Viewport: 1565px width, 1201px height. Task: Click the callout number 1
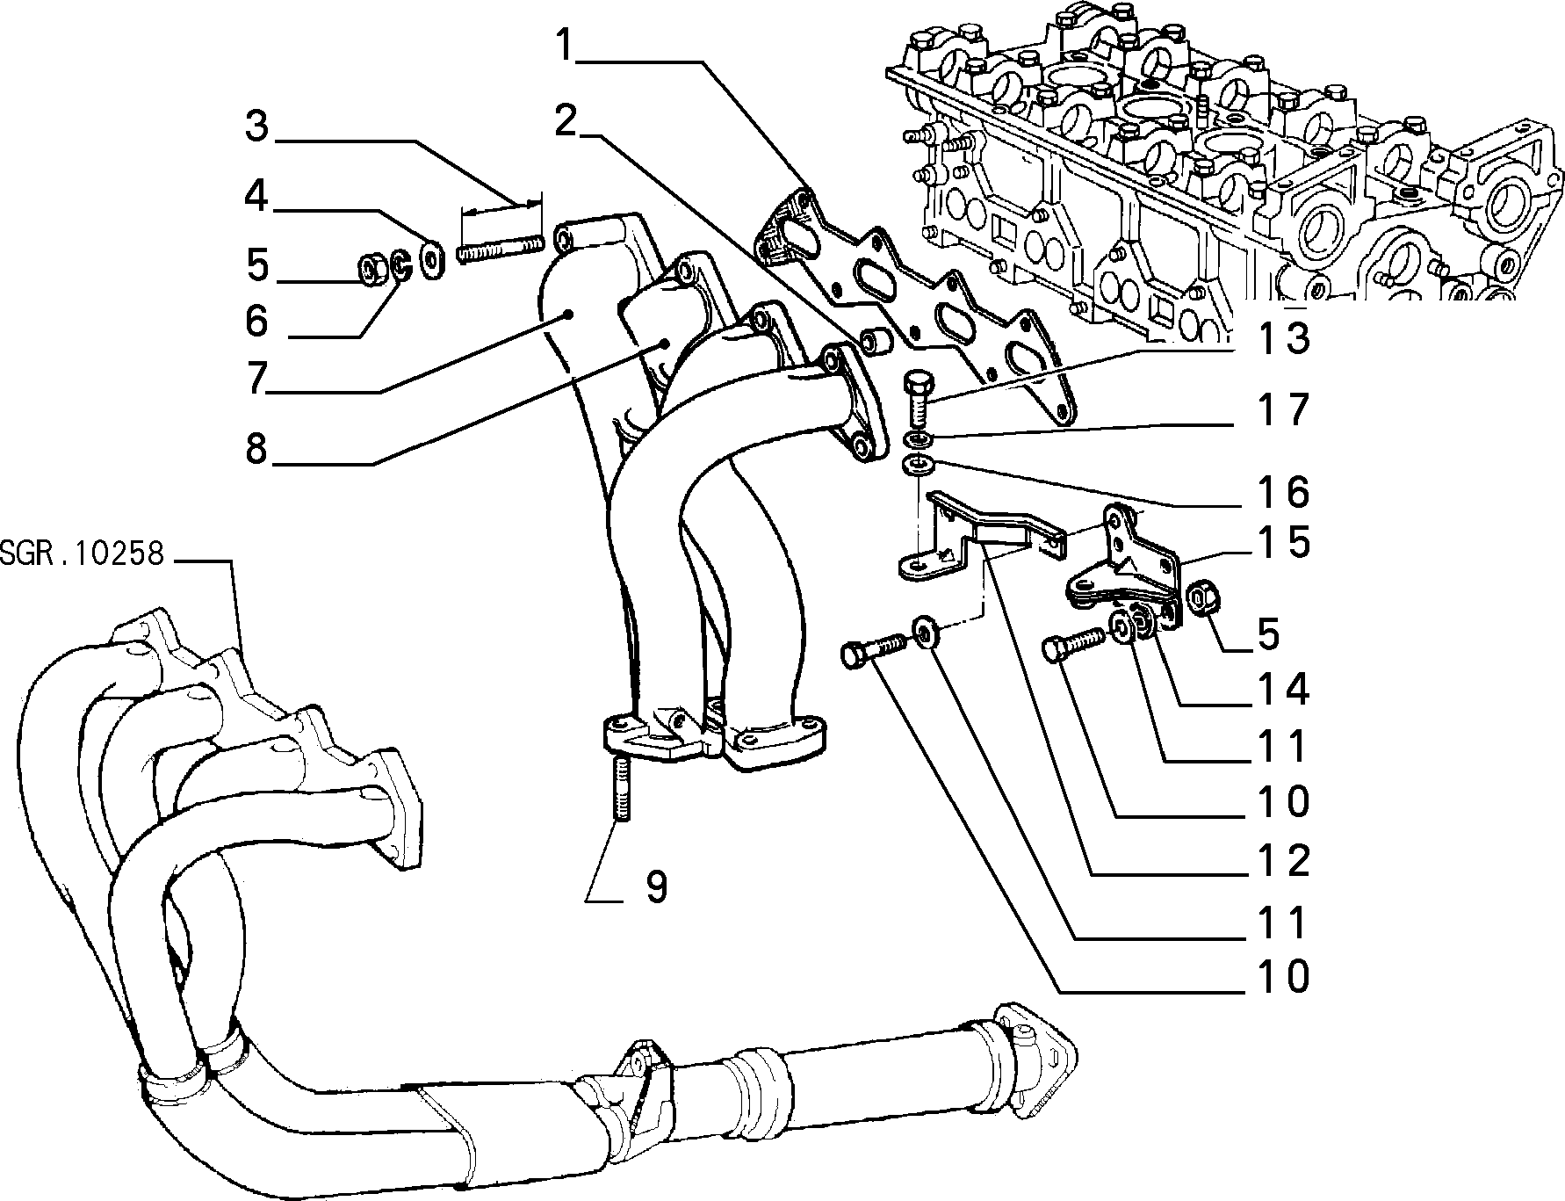[x=569, y=45]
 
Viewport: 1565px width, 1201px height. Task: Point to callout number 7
[x=256, y=379]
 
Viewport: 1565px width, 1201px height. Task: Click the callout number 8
[x=256, y=449]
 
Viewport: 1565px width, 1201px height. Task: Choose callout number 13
[x=1283, y=337]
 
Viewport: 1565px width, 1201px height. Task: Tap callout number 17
[x=1283, y=409]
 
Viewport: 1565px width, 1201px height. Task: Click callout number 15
[x=1283, y=542]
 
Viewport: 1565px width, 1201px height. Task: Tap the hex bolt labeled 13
[x=917, y=398]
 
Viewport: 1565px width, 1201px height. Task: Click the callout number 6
[x=256, y=321]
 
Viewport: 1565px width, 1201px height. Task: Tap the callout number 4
[x=256, y=196]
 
